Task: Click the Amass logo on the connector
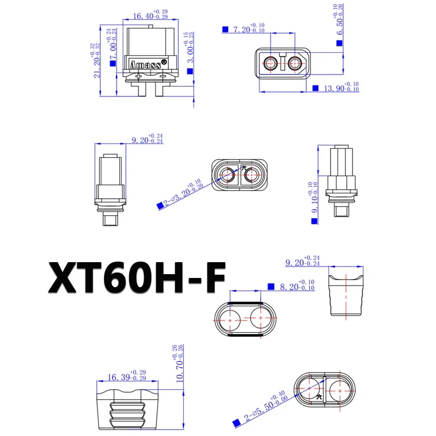pyautogui.click(x=145, y=64)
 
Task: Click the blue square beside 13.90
pyautogui.click(x=316, y=88)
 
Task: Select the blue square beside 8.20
pyautogui.click(x=271, y=286)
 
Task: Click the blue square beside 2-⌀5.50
pyautogui.click(x=237, y=422)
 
